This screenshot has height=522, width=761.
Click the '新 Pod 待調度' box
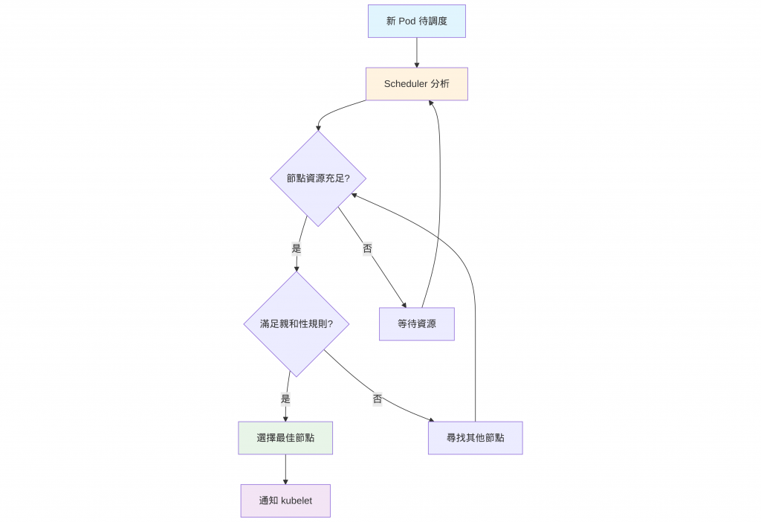(416, 21)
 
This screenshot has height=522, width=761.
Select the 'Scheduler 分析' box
(416, 84)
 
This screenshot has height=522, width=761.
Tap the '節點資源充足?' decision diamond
(318, 178)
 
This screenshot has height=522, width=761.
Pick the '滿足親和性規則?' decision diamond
(296, 324)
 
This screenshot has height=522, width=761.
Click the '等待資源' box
(416, 324)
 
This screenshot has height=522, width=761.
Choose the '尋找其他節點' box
(475, 438)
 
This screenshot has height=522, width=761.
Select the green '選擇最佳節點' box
(285, 438)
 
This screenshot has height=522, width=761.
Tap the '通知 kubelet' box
(285, 500)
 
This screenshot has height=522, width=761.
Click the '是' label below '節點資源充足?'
(297, 248)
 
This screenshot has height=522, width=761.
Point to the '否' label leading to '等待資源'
(367, 248)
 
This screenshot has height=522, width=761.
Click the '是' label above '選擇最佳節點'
(285, 399)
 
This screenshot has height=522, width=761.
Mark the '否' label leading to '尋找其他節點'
(378, 399)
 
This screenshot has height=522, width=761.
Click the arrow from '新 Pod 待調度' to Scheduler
(416, 52)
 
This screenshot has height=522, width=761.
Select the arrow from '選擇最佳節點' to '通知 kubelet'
(285, 469)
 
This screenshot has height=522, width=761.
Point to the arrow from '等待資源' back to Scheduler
(439, 201)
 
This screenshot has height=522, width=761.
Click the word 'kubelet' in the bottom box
(297, 500)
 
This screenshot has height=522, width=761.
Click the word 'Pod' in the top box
(407, 21)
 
